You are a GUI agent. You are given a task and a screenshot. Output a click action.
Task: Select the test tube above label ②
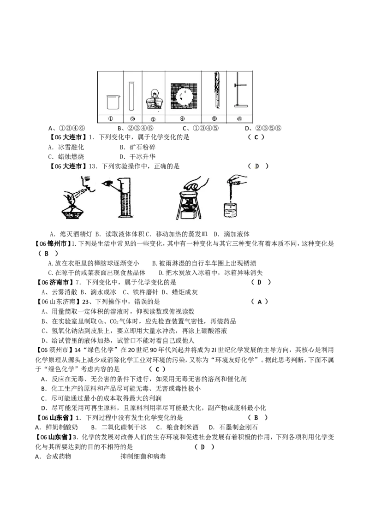(x=131, y=96)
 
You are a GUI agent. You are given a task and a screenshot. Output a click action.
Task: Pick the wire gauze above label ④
(x=184, y=96)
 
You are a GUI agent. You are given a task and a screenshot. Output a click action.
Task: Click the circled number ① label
(x=111, y=119)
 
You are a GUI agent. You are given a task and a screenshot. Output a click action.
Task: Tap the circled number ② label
(x=132, y=119)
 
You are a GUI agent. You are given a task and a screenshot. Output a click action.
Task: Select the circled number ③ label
(x=153, y=119)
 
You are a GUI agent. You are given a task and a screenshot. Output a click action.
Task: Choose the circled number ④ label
(x=182, y=119)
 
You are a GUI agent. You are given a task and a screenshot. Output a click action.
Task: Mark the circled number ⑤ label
(x=214, y=119)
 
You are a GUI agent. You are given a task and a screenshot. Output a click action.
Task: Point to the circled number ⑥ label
(x=239, y=119)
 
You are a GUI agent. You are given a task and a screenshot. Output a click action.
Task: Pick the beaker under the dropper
(x=231, y=210)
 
